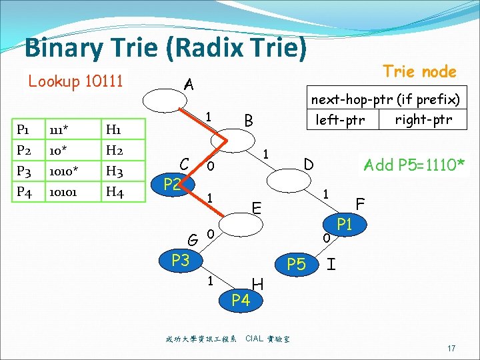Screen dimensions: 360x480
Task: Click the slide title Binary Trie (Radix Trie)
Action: click(166, 49)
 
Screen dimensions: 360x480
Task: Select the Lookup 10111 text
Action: click(75, 81)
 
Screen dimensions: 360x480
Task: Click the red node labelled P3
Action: click(180, 260)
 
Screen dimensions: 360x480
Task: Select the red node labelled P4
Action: click(240, 300)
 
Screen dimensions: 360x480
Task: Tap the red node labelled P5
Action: click(296, 265)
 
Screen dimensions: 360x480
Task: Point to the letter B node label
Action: click(248, 121)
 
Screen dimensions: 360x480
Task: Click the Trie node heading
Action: click(419, 71)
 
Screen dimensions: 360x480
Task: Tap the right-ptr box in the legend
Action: click(423, 120)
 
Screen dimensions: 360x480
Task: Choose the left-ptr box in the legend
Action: click(340, 121)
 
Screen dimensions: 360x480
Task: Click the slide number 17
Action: click(451, 349)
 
